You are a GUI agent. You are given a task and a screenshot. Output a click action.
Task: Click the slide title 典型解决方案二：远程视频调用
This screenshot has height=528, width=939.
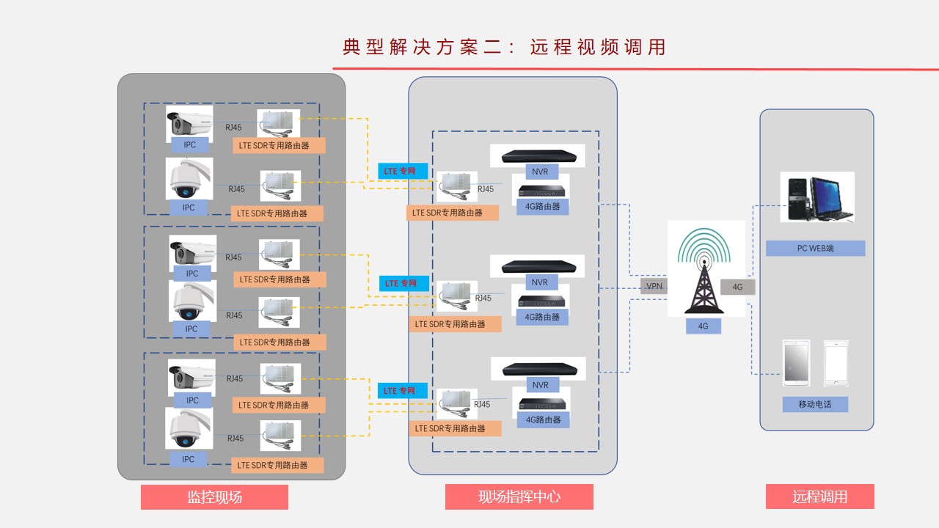pyautogui.click(x=504, y=47)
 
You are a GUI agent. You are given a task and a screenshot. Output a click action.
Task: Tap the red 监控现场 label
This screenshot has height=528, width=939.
pyautogui.click(x=214, y=497)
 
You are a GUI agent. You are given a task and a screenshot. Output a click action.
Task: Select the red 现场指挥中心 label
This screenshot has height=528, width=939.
pyautogui.click(x=519, y=497)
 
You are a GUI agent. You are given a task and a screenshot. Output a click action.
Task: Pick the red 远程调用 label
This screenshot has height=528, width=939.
pyautogui.click(x=819, y=497)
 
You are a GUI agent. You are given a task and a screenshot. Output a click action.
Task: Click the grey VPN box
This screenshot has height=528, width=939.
pyautogui.click(x=654, y=286)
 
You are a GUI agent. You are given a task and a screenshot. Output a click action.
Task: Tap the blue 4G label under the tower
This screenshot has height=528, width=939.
pyautogui.click(x=703, y=326)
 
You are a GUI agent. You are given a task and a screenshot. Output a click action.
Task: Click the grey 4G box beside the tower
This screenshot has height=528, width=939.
pyautogui.click(x=737, y=287)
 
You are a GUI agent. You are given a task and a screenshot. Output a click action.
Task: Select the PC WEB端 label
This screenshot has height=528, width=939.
pyautogui.click(x=815, y=248)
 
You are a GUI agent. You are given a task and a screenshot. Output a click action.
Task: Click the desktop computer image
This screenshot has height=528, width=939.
pyautogui.click(x=816, y=197)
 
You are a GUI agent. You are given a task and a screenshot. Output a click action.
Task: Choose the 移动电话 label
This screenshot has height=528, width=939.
pyautogui.click(x=815, y=404)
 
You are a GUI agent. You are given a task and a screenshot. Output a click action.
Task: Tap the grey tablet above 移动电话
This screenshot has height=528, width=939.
pyautogui.click(x=796, y=363)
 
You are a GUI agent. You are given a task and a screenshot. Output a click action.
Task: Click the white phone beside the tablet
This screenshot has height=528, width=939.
pyautogui.click(x=836, y=363)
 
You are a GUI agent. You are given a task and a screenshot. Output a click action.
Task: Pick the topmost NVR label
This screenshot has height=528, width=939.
pyautogui.click(x=539, y=172)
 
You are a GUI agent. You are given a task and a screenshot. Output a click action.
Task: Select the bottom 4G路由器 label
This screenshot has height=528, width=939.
pyautogui.click(x=543, y=420)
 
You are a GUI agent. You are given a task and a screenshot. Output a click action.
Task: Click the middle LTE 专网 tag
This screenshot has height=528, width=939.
pyautogui.click(x=401, y=283)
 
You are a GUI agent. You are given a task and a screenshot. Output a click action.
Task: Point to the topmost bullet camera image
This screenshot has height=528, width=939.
pyautogui.click(x=189, y=123)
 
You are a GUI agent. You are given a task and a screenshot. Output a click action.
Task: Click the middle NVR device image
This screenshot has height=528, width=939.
pyautogui.click(x=538, y=265)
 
